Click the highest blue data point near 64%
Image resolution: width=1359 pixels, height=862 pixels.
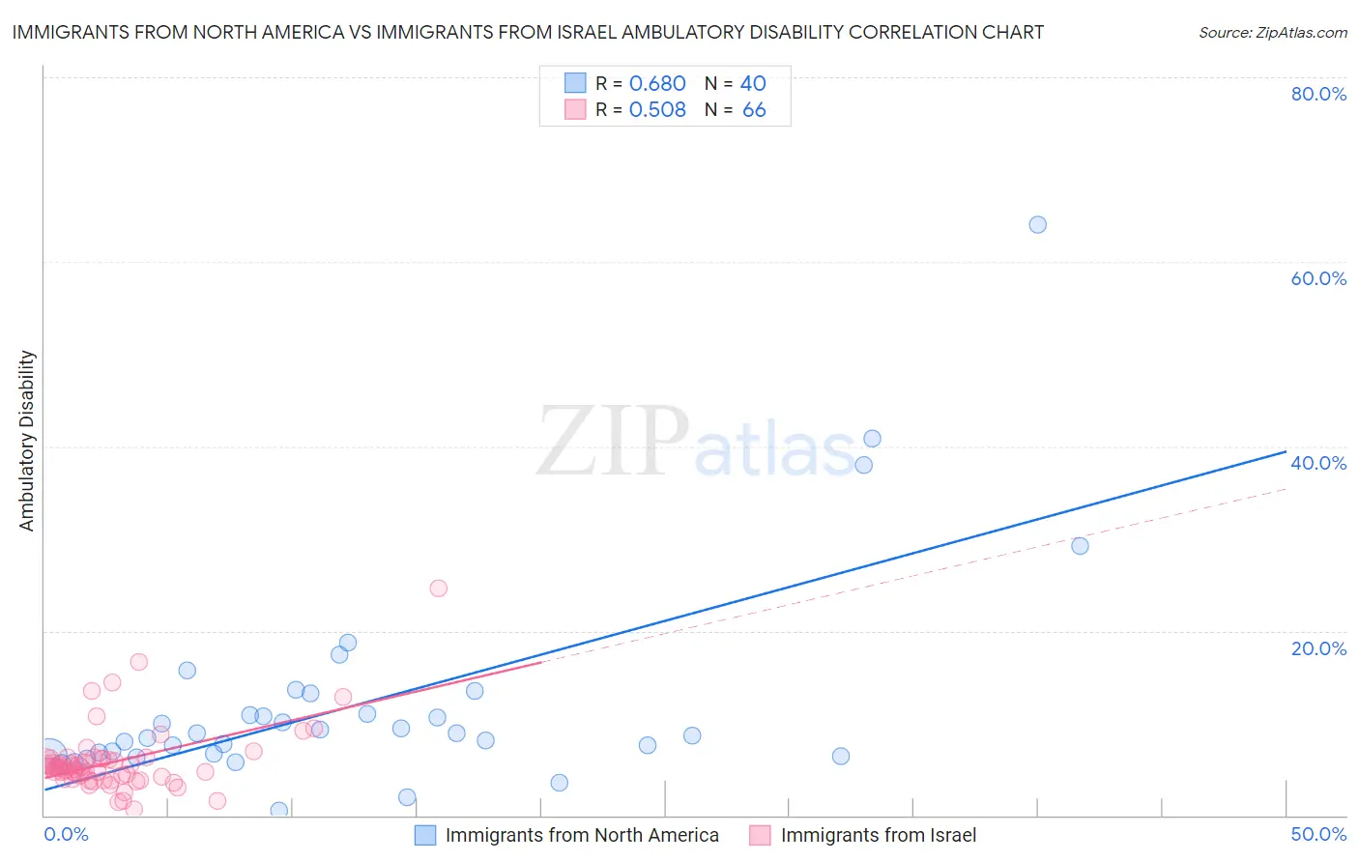coord(1037,224)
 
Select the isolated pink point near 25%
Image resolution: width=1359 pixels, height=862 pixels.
coord(438,588)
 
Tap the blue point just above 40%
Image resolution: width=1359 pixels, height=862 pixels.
coord(872,438)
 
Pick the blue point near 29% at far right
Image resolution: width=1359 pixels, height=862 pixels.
coord(1080,546)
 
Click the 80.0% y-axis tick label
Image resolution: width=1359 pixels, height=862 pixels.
coord(1318,94)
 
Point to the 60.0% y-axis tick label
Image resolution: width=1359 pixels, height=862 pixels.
coord(1318,278)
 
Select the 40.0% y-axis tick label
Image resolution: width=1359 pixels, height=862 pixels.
coord(1318,463)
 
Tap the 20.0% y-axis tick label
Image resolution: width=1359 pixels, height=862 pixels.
coord(1318,648)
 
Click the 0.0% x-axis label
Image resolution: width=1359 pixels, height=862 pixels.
coord(66,834)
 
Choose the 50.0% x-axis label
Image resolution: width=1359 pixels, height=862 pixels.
coord(1318,834)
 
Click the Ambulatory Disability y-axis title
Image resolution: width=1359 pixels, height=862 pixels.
coord(27,441)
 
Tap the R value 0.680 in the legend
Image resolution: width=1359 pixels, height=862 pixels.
coord(657,84)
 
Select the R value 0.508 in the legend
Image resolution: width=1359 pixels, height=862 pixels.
coord(657,110)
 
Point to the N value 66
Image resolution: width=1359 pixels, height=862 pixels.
coord(754,110)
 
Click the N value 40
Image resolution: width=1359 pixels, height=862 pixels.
coord(753,84)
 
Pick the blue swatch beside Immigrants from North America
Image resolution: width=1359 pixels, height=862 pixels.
coord(425,835)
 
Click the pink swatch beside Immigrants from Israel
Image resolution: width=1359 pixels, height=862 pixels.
coord(761,835)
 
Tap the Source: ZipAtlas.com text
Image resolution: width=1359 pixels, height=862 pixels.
coord(1272,33)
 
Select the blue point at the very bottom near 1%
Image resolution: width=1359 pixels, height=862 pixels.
coord(279,810)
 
